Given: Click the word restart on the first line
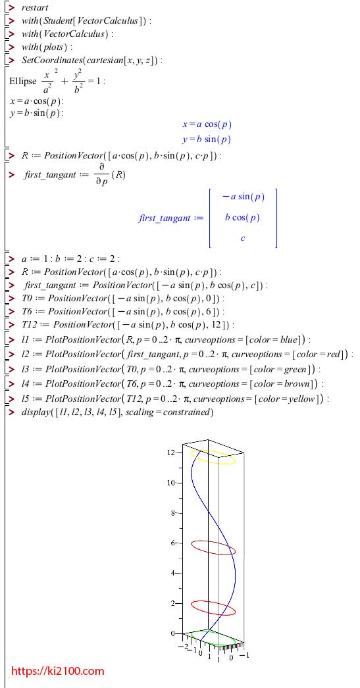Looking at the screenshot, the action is coord(35,8).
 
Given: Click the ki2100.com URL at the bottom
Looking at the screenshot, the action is coord(57,671).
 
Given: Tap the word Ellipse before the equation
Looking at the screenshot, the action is coord(22,82).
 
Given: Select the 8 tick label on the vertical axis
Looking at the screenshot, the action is coord(173,513).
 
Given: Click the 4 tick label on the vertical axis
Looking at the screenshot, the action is coord(173,573).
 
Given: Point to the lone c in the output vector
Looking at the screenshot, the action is coord(243,238).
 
